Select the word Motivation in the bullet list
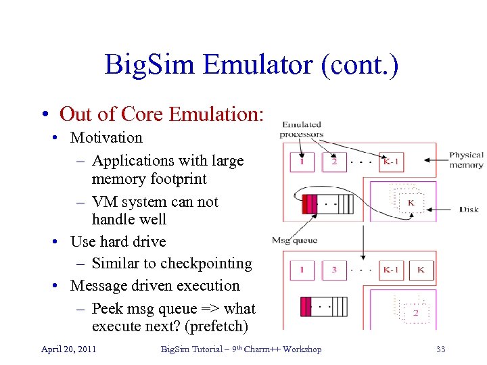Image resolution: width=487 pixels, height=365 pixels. [106, 138]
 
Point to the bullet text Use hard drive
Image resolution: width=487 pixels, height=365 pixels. [118, 241]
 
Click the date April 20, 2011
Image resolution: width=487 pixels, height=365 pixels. [68, 349]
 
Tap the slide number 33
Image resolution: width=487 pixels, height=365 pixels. [441, 349]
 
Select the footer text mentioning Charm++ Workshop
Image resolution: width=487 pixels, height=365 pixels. [241, 349]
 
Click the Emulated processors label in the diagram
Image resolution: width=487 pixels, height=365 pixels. [302, 129]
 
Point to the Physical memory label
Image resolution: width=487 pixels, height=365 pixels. [466, 160]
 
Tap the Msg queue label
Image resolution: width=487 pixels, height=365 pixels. [294, 240]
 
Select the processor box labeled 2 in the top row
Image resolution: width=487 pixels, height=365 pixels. [333, 162]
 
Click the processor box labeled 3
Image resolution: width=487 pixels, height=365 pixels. [333, 270]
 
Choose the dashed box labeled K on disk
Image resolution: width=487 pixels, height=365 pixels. [409, 202]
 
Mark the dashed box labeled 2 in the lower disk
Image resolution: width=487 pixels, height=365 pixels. [414, 312]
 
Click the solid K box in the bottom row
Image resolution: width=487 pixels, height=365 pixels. [421, 270]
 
